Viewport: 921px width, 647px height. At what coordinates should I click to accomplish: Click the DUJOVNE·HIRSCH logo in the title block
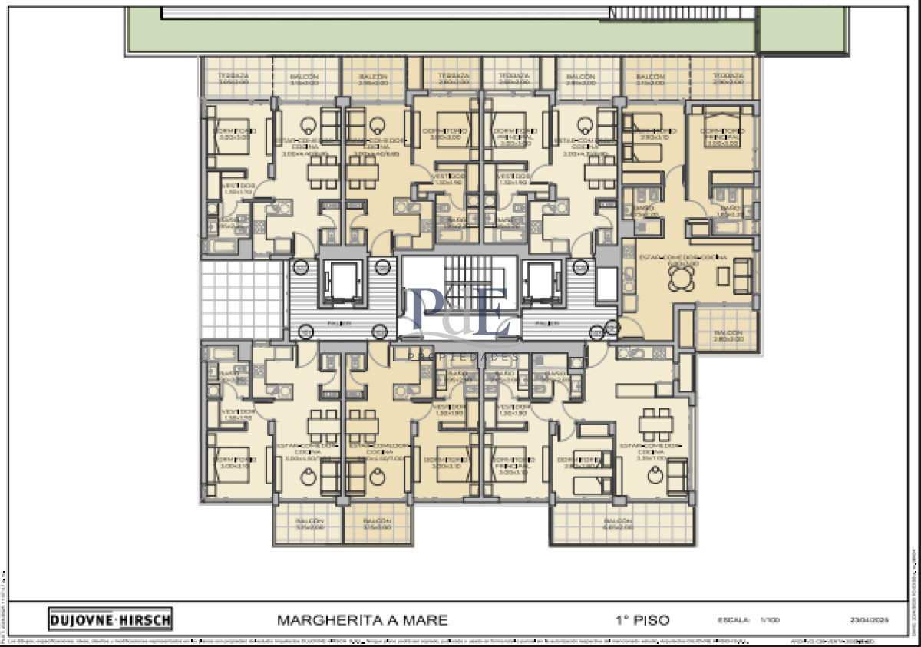pyautogui.click(x=111, y=619)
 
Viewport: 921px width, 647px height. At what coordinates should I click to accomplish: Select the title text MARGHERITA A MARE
pyautogui.click(x=361, y=619)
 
